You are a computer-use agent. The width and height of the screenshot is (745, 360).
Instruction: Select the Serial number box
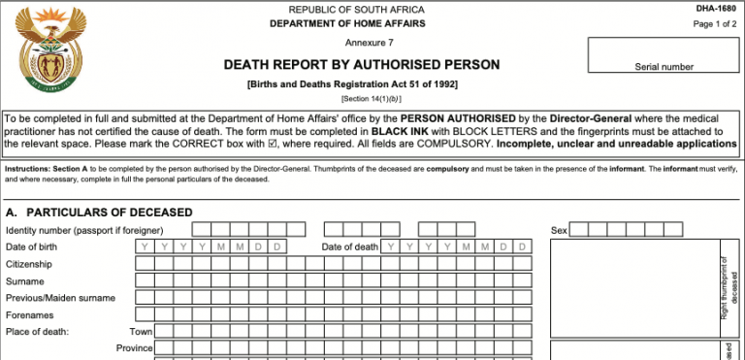pyautogui.click(x=664, y=56)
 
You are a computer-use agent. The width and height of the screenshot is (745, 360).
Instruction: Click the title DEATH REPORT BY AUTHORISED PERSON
pyautogui.click(x=362, y=65)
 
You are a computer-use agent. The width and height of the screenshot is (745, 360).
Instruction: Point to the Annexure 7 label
pyautogui.click(x=370, y=43)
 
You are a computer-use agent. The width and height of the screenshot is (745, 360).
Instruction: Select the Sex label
pyautogui.click(x=559, y=230)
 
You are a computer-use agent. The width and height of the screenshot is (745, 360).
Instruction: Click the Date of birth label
pyautogui.click(x=31, y=246)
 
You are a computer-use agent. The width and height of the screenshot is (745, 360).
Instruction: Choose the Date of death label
pyautogui.click(x=350, y=246)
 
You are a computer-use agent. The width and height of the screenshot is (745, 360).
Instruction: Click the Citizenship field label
pyautogui.click(x=32, y=264)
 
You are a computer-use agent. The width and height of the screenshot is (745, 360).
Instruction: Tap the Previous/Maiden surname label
pyautogui.click(x=61, y=297)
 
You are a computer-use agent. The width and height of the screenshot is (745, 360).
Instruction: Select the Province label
pyautogui.click(x=135, y=348)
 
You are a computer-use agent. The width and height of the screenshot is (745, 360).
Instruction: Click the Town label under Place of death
pyautogui.click(x=142, y=331)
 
